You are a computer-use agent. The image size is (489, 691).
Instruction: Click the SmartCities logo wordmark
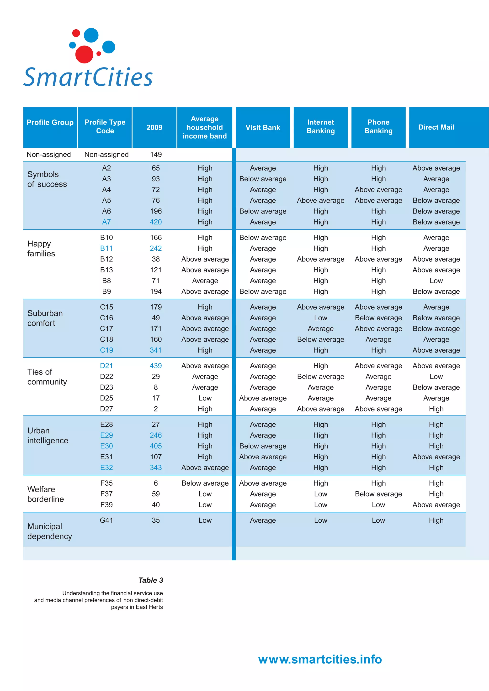point(88,77)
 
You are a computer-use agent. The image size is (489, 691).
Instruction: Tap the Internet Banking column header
point(321,127)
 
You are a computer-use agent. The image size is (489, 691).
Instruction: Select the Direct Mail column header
point(436,127)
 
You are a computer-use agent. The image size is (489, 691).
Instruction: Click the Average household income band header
point(205,127)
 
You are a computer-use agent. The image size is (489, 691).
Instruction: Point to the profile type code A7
point(106,222)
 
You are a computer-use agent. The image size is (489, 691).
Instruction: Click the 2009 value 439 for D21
point(156,366)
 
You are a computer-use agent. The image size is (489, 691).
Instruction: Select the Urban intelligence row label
point(48,436)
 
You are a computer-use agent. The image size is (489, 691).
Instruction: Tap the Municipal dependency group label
point(49,531)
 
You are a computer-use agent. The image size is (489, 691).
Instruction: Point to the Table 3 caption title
point(151,580)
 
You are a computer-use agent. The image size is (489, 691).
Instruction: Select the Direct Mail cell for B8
point(436,281)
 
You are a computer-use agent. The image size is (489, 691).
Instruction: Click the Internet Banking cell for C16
point(321,318)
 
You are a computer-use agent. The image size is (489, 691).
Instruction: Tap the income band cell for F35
point(205,483)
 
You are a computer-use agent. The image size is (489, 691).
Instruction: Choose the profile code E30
point(106,446)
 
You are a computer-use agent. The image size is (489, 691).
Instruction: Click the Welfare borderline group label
point(46,494)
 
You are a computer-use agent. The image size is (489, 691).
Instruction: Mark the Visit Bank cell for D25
point(263,398)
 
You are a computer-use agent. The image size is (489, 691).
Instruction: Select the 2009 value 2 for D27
point(156,409)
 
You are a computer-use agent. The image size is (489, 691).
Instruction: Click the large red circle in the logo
point(84,54)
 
